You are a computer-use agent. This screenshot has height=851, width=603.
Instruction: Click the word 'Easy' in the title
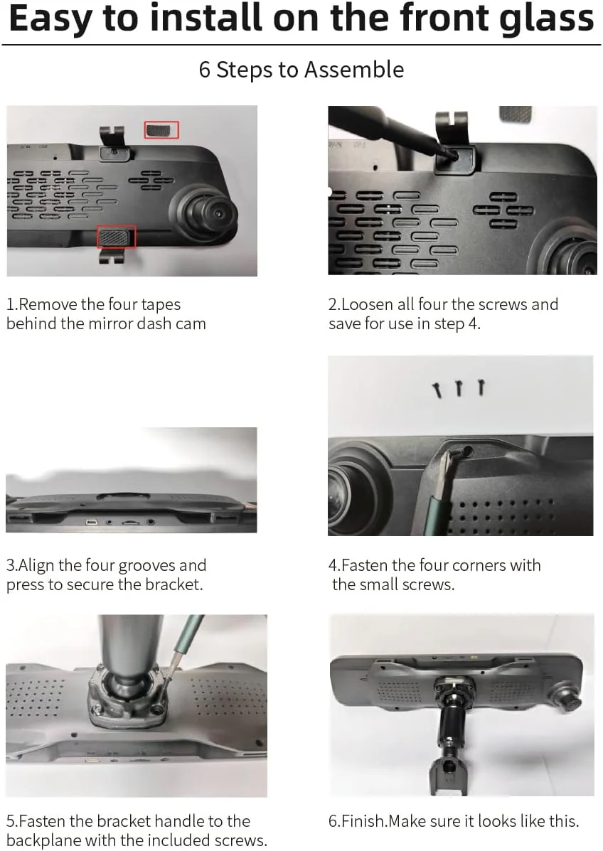49,19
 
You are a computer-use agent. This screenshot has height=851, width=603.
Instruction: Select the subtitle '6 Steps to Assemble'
301,70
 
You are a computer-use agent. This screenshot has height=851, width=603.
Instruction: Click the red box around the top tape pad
161,129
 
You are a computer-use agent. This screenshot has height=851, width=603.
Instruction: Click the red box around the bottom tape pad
116,237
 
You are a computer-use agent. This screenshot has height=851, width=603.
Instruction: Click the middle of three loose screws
459,388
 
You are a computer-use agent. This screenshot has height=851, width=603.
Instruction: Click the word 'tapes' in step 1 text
161,304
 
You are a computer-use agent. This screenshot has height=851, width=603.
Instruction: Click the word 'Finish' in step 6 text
363,821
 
